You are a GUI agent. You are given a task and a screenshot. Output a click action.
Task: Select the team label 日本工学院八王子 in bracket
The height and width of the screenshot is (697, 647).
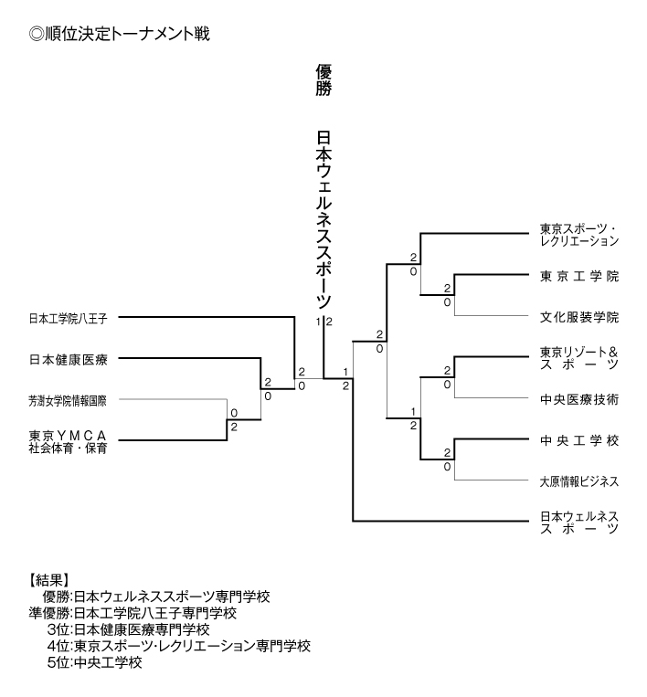coord(69,319)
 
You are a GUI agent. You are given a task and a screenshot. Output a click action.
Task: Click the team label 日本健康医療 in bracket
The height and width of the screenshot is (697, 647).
coord(69,359)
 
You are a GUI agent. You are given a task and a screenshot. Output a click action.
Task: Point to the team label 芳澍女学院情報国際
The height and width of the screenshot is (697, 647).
coord(69,400)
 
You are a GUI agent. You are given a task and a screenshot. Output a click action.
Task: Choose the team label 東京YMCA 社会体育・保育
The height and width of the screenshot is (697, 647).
coord(69,441)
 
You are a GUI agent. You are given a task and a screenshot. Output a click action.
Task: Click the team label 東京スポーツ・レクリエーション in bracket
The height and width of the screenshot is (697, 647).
coord(579,235)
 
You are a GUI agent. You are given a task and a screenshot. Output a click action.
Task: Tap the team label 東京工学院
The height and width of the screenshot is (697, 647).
coord(579,276)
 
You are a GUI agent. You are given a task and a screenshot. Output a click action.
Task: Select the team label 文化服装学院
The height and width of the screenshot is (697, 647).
coord(579,318)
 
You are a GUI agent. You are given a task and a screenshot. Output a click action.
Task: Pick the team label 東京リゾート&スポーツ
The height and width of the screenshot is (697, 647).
coord(579,358)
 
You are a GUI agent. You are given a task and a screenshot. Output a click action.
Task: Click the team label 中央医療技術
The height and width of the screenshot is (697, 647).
coord(579,399)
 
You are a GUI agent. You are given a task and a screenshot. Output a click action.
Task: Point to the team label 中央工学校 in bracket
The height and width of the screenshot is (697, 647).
coord(579,440)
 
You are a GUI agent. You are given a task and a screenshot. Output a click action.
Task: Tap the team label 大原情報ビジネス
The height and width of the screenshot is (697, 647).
coord(579,481)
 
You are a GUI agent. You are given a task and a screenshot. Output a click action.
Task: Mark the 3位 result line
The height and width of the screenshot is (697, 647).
coord(128,629)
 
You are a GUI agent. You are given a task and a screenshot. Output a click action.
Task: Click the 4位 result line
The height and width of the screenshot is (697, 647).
coord(178,646)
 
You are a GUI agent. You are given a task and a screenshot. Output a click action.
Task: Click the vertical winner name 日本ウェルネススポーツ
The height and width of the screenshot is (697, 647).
coord(323,219)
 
